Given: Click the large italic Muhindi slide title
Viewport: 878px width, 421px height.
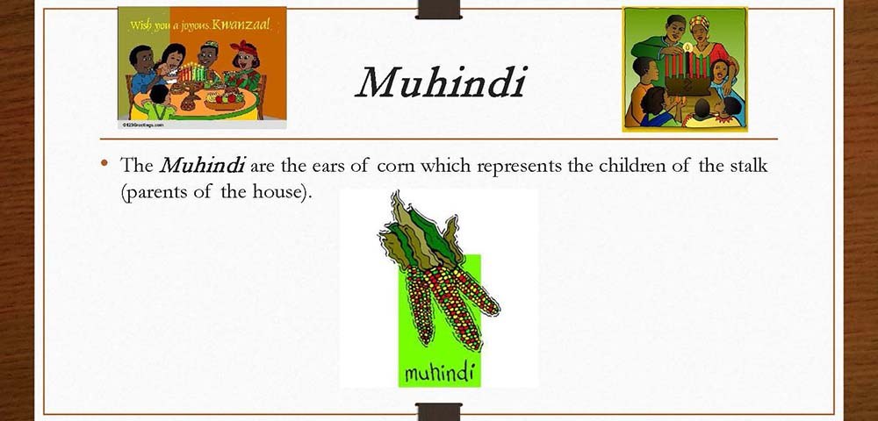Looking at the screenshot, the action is click(440, 83).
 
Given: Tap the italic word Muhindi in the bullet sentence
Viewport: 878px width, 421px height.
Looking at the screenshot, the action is click(204, 166).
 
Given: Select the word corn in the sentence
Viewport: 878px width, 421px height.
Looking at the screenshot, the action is click(395, 166).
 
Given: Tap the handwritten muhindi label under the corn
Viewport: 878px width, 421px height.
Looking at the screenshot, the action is click(440, 372).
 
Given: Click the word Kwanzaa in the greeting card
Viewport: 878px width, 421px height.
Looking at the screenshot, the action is click(238, 24).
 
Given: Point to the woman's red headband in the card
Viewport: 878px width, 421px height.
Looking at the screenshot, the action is click(243, 48).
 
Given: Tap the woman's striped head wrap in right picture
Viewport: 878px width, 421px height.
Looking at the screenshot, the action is click(699, 23).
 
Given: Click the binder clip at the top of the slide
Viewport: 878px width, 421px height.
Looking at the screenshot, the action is click(438, 10).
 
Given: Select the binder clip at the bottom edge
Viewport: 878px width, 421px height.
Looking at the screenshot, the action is click(438, 411).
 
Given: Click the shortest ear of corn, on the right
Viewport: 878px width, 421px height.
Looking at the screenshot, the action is click(476, 290).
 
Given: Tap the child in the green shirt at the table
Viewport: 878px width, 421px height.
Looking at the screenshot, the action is click(155, 103).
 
